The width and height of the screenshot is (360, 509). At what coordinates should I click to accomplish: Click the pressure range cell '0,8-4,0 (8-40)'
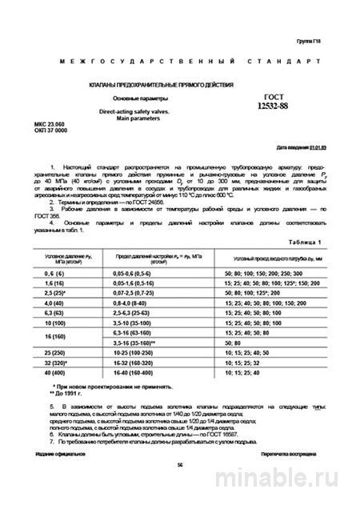click(x=141, y=303)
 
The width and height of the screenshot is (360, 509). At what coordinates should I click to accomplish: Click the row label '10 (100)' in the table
click(x=54, y=324)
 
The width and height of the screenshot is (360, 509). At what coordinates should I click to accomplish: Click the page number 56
click(x=179, y=485)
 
